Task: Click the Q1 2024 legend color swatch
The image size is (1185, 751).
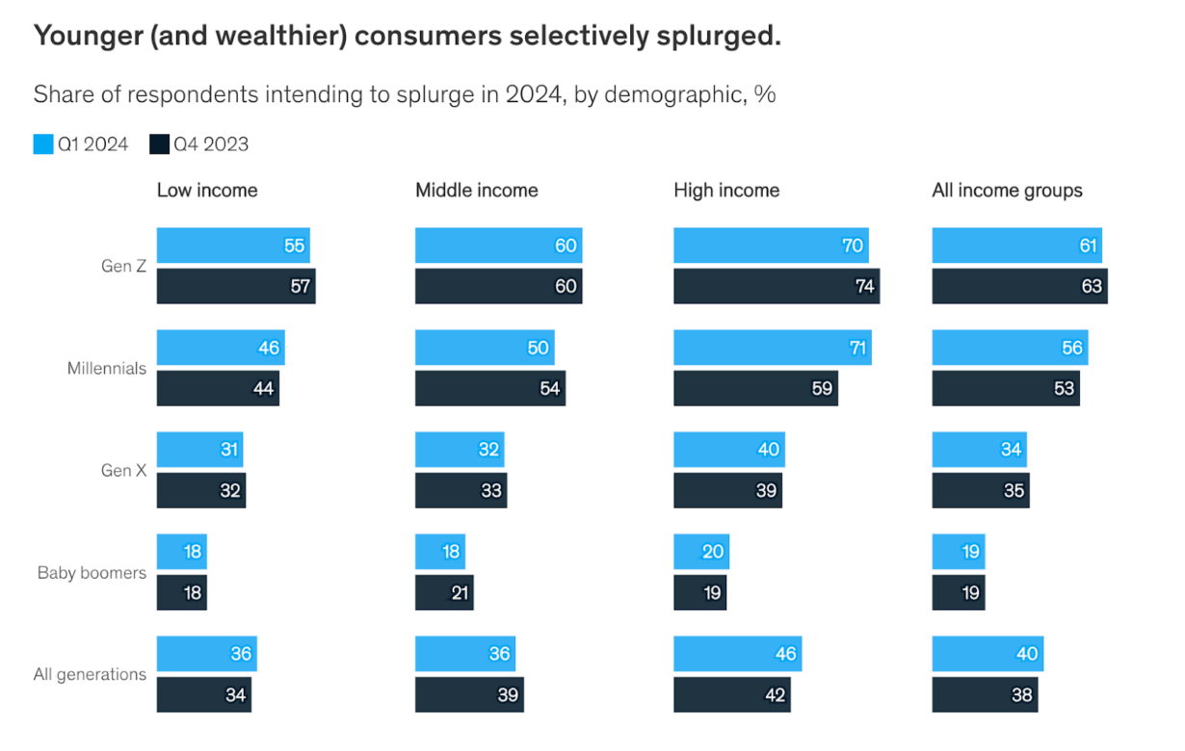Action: click(43, 144)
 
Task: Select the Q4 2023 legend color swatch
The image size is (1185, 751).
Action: click(159, 144)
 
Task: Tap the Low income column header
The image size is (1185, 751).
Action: click(207, 191)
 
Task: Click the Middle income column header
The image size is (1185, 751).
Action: click(476, 191)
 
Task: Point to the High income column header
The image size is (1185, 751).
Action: click(726, 191)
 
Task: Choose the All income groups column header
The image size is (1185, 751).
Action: click(1007, 191)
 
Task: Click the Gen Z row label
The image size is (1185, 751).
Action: click(123, 267)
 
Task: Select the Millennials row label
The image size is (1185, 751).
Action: click(106, 369)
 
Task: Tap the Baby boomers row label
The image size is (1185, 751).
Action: click(92, 573)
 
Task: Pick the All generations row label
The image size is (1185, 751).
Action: click(90, 675)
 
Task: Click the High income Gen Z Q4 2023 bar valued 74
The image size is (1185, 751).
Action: click(776, 287)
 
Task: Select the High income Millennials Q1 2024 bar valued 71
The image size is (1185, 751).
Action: click(772, 348)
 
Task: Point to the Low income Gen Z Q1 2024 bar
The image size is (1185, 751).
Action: click(232, 246)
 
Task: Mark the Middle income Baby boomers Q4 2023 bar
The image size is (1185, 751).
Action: click(443, 593)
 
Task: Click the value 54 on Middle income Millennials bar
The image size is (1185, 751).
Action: click(549, 389)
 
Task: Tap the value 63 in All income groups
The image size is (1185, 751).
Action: click(1091, 287)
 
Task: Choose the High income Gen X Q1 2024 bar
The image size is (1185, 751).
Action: click(728, 450)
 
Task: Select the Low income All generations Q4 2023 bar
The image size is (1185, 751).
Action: click(203, 695)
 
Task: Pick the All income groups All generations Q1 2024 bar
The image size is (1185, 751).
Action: click(987, 654)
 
